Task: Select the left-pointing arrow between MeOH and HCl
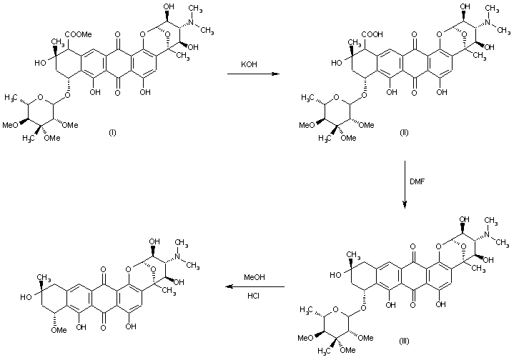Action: click(x=254, y=287)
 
